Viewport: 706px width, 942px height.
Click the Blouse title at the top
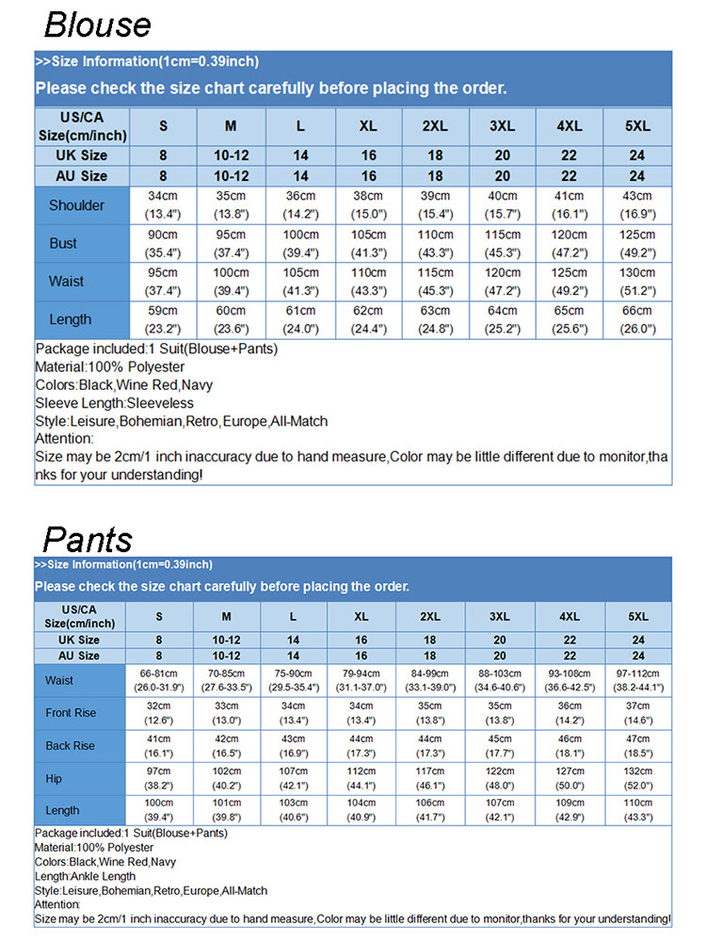click(x=97, y=24)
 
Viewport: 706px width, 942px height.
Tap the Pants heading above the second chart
click(x=88, y=539)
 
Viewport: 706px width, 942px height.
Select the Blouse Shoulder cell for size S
click(x=163, y=205)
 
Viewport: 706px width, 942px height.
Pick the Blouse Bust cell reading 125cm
click(x=637, y=243)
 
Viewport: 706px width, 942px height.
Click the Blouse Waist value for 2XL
click(x=436, y=281)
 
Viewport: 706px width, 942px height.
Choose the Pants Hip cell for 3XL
click(x=500, y=778)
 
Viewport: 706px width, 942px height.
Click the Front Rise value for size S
click(x=159, y=713)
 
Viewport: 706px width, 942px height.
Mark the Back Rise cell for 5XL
click(x=638, y=745)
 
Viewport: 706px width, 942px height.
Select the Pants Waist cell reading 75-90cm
click(x=294, y=680)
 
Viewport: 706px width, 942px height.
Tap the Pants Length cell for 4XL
click(x=570, y=810)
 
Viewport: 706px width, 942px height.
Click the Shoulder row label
click(x=77, y=205)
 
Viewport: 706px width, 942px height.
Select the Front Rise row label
click(x=71, y=713)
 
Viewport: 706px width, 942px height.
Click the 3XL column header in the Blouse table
click(x=502, y=126)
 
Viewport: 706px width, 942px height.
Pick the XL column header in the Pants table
click(x=361, y=616)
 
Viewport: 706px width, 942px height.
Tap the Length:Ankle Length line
click(x=85, y=876)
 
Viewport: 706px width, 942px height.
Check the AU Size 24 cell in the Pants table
click(x=638, y=656)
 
